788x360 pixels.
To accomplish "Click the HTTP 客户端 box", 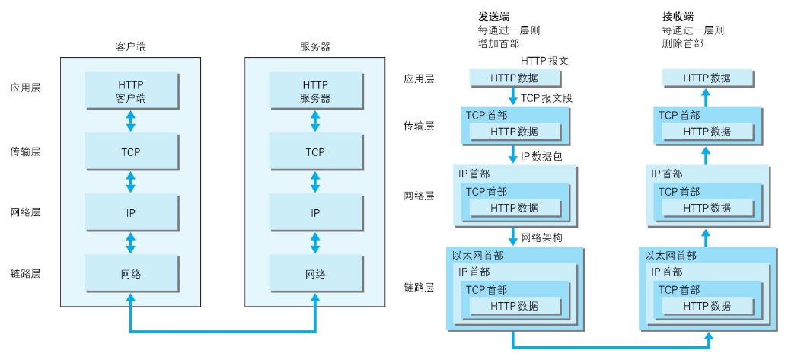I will pyautogui.click(x=131, y=91).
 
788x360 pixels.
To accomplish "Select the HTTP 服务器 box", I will pyautogui.click(x=315, y=91).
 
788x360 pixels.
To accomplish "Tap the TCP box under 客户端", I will pyautogui.click(x=131, y=151).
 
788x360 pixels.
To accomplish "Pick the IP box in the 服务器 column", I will pyautogui.click(x=315, y=213).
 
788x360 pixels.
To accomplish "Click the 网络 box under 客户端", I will pyautogui.click(x=131, y=274).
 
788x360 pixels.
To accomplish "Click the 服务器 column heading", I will pyautogui.click(x=315, y=46).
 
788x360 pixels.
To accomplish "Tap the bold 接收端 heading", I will pyautogui.click(x=677, y=16).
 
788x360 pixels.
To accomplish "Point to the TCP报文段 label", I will pyautogui.click(x=546, y=98).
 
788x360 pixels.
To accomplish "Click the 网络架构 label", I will pyautogui.click(x=541, y=238).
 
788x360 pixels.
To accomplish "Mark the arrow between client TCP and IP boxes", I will pyautogui.click(x=131, y=182).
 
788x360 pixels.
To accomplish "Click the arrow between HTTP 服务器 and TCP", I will pyautogui.click(x=315, y=121).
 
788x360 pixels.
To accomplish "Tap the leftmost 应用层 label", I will pyautogui.click(x=25, y=88).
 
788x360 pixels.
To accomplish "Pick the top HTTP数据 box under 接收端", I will pyautogui.click(x=707, y=78).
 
